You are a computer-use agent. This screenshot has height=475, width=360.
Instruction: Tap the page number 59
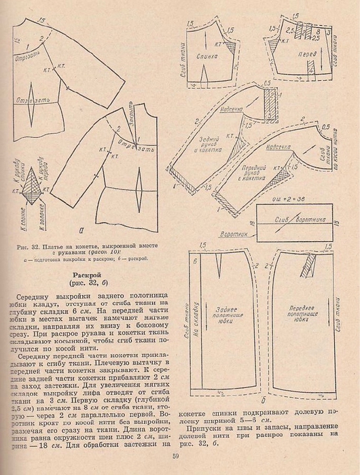(x=176, y=457)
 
